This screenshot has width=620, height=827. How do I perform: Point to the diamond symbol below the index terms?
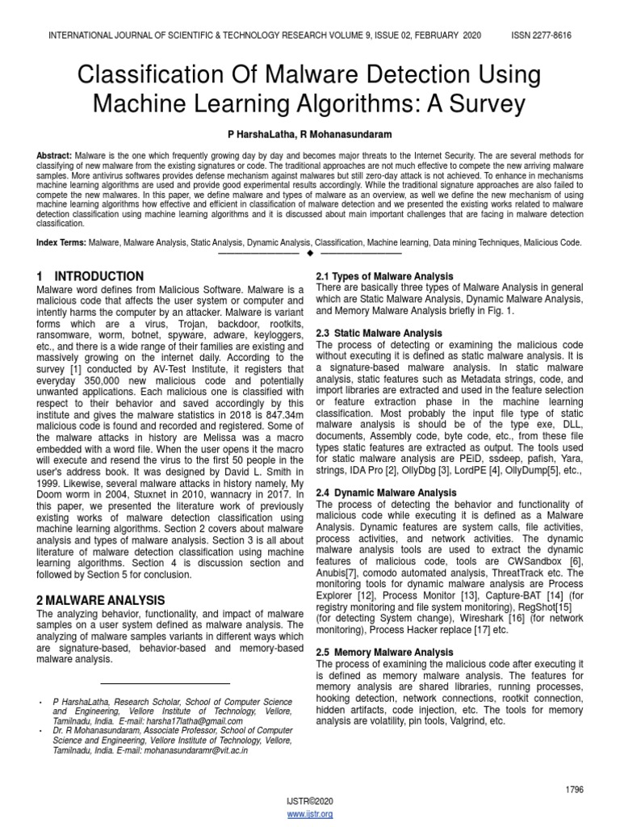click(310, 254)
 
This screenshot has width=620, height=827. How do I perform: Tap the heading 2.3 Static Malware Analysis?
click(379, 333)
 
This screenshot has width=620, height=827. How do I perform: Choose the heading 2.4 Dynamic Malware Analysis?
click(386, 492)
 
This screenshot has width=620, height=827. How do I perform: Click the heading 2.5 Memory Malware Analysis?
click(384, 652)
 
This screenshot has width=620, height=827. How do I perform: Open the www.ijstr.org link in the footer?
click(310, 814)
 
